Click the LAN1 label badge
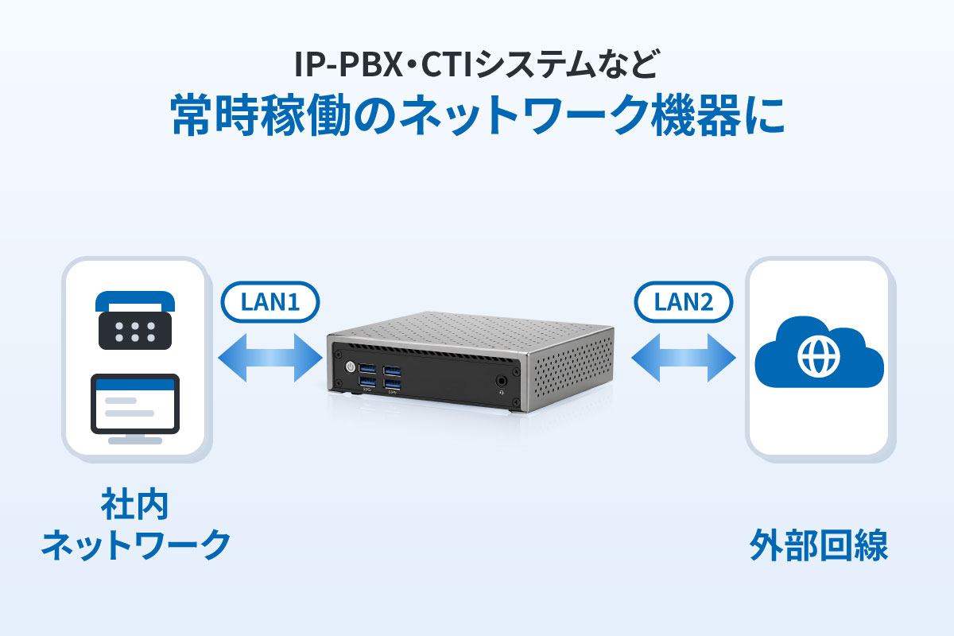coord(270,302)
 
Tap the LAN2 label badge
coord(684,302)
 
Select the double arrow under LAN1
coord(270,358)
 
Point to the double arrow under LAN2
coord(684,358)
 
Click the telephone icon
coord(135,320)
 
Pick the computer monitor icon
coord(135,409)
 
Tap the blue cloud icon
coord(819,352)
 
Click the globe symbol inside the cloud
coord(819,356)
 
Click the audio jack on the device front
coord(502,380)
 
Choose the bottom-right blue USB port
coord(392,384)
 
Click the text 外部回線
coord(819,545)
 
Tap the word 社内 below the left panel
coord(134,505)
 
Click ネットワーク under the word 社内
coord(136,545)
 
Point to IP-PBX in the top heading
coord(348,64)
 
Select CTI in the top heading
coord(447,64)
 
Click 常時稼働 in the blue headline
coord(261,115)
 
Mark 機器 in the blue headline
coord(696,115)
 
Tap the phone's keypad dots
coord(135,332)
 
